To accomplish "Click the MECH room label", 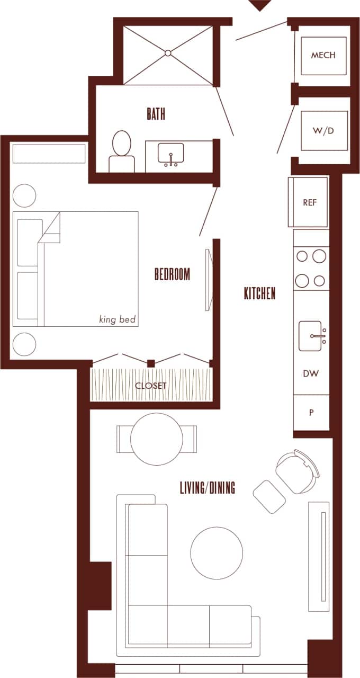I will tap(323, 55).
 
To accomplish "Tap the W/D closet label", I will tap(323, 130).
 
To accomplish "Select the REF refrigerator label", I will tap(310, 202).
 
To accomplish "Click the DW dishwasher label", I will tap(311, 373).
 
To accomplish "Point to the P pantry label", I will tap(311, 412).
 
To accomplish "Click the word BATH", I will tap(156, 113).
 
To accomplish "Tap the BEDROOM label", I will tap(172, 274).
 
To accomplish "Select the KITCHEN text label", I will tap(259, 293).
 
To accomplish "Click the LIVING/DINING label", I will tap(208, 488).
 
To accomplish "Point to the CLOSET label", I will tap(150, 386).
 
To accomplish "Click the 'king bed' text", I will tap(118, 319).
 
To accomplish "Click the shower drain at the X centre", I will tap(168, 53).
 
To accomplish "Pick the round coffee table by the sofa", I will tap(217, 552).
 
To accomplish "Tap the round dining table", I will tap(157, 439).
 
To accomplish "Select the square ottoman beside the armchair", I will tap(269, 496).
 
